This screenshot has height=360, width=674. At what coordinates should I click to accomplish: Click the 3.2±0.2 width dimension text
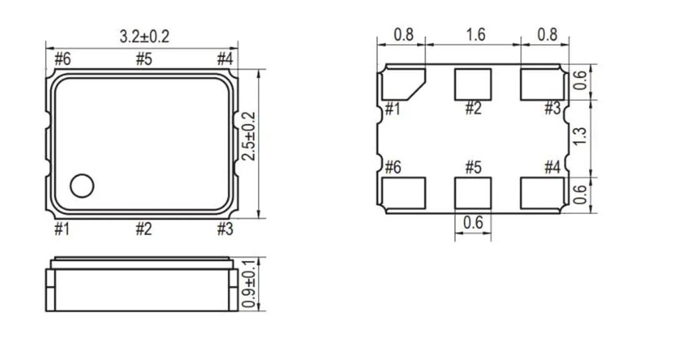click(x=144, y=37)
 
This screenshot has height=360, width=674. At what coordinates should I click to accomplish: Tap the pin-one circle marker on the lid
click(x=82, y=185)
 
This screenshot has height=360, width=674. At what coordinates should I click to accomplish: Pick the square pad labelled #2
click(x=472, y=84)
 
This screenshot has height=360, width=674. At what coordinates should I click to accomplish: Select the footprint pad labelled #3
click(x=542, y=84)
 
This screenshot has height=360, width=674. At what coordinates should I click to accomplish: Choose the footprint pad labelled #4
click(x=542, y=193)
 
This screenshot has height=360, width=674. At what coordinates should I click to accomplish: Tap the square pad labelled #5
click(x=472, y=193)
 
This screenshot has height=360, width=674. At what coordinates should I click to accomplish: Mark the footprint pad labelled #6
click(x=403, y=193)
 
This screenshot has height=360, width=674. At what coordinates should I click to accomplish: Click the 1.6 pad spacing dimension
click(x=475, y=34)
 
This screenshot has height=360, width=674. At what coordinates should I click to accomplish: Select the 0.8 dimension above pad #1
click(x=404, y=34)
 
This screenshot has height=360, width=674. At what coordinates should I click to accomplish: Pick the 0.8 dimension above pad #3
click(x=547, y=34)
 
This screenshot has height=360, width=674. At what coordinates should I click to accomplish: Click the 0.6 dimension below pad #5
click(x=473, y=223)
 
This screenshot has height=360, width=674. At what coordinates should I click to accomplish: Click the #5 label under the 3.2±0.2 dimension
click(x=144, y=60)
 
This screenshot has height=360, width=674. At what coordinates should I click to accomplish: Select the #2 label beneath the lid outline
click(x=144, y=230)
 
